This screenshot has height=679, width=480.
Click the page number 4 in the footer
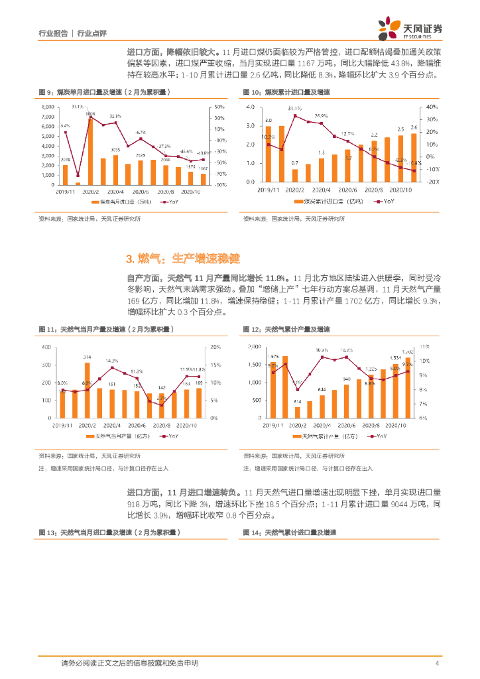437,663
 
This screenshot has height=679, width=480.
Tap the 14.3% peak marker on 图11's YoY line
112,367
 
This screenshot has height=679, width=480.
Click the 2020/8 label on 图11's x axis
162,425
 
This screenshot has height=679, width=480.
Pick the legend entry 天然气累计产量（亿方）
327,436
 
